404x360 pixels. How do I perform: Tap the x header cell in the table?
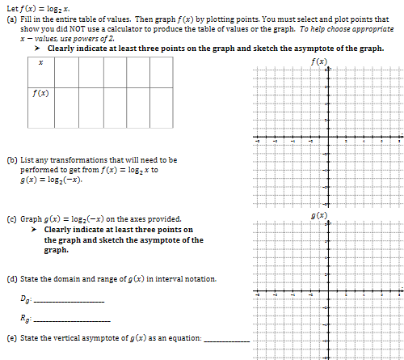tap(40, 75)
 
